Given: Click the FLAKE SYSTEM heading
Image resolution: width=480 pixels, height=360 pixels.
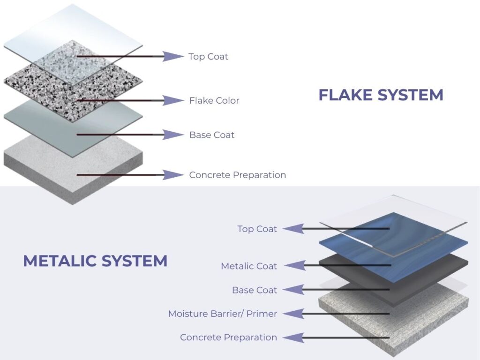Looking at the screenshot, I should (381, 95).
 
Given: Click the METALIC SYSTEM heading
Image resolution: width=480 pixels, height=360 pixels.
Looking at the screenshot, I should (95, 261).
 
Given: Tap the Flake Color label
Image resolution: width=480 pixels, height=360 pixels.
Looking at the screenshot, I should (214, 100).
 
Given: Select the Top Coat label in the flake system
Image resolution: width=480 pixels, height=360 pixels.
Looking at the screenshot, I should (208, 57).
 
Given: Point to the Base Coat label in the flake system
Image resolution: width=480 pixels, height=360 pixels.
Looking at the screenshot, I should (212, 135).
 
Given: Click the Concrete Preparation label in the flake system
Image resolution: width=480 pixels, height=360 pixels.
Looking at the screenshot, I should (237, 175).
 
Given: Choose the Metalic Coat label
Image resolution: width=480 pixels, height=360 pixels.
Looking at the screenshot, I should (249, 266).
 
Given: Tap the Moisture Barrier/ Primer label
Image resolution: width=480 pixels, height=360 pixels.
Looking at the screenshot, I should (223, 314).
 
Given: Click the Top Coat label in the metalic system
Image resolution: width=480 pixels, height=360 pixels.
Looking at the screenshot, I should (257, 229).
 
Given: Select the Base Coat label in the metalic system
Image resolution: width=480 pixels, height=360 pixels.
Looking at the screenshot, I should (255, 290).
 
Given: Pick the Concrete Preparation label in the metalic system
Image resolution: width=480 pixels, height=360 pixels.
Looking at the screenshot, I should (228, 337).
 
